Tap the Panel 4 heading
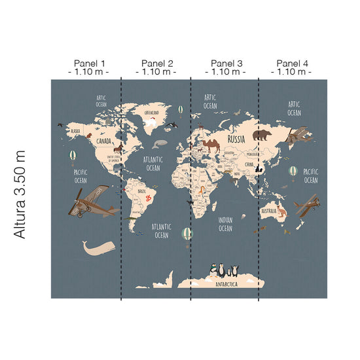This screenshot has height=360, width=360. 293,63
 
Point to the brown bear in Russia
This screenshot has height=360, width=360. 263,135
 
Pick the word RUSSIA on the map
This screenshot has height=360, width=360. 236,139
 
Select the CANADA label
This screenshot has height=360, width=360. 104,141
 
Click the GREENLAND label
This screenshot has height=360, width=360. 151,112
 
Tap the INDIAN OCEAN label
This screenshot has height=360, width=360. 225,225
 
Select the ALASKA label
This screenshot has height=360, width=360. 75,130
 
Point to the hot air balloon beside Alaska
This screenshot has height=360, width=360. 73,156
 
